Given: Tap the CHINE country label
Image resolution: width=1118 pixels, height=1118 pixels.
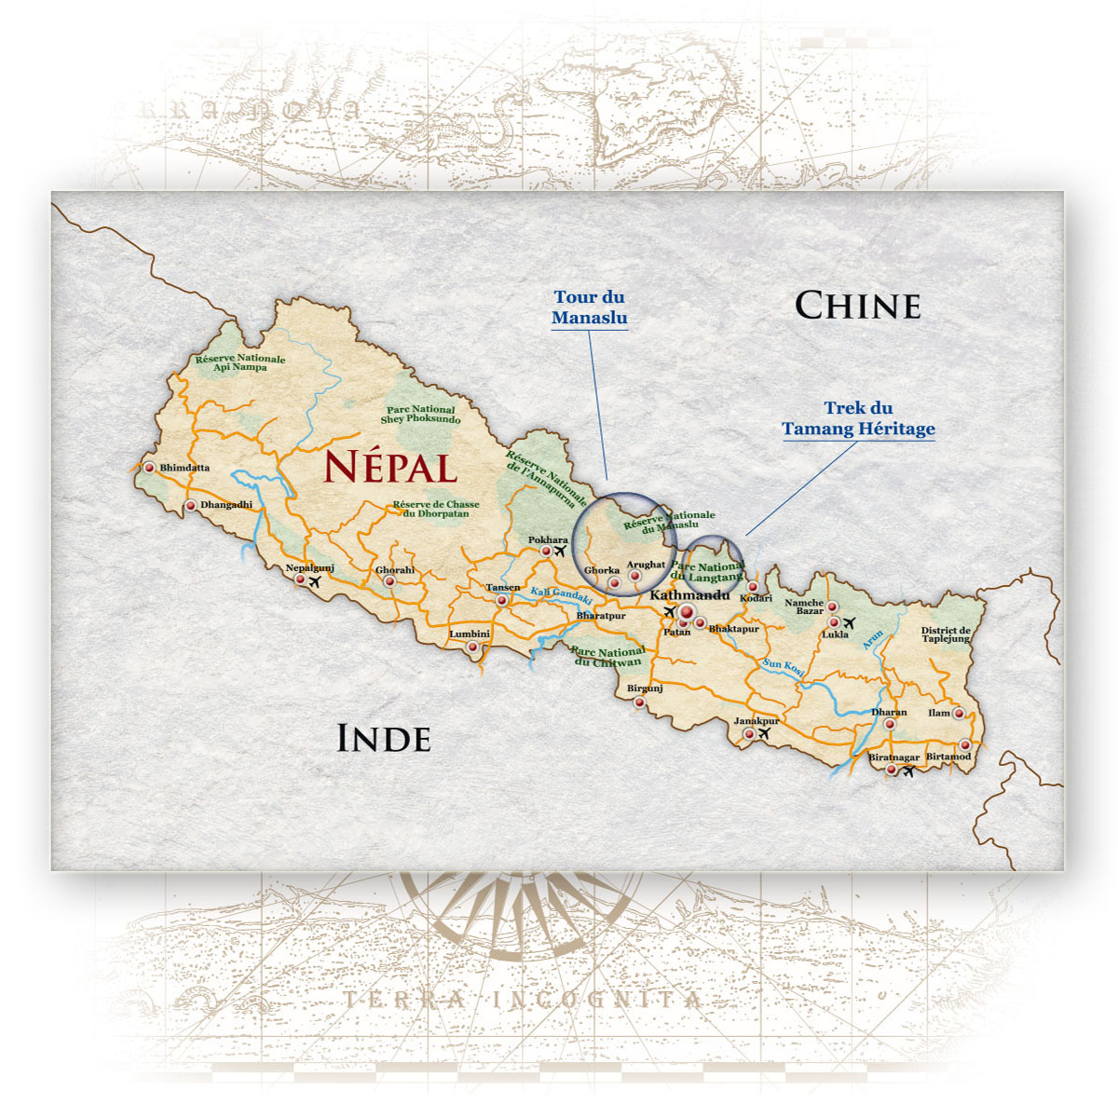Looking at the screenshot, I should pos(857,306).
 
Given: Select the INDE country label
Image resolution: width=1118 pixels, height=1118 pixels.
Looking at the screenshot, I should pos(383,738).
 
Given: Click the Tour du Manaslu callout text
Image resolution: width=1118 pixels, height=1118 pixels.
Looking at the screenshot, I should pos(589,307).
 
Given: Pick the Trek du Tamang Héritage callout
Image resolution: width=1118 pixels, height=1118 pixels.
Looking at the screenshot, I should pos(858,418).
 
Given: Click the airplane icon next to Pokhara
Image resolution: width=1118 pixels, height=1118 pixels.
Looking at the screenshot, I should pos(559,552).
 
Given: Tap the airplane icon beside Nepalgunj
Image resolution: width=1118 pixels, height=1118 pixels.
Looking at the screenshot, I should pos(315,582).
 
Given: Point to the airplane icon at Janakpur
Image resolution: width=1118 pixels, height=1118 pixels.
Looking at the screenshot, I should pos(764,734).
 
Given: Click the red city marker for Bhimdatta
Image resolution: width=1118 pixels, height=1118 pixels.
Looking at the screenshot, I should pos(149,468).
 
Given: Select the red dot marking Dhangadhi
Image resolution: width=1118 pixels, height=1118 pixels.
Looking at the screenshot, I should pos(191,506).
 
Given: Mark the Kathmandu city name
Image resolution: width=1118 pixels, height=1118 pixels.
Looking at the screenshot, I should pos(689,594).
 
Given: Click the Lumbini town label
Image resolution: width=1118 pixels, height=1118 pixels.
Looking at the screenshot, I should pos(470,634).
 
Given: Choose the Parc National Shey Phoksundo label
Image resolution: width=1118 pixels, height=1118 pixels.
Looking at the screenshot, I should pos(420,415).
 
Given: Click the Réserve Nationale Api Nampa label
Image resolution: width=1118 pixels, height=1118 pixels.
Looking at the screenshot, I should pos(240,362).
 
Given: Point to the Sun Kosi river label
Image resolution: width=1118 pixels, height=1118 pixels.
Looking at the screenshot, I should pos(784,666).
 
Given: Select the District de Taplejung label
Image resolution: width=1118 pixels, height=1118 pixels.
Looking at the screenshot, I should pos(946,634).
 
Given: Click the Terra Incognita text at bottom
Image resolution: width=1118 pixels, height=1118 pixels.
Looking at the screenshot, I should pos(523,1001).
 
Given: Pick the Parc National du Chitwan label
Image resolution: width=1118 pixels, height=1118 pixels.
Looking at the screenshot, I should pos(607,657).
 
